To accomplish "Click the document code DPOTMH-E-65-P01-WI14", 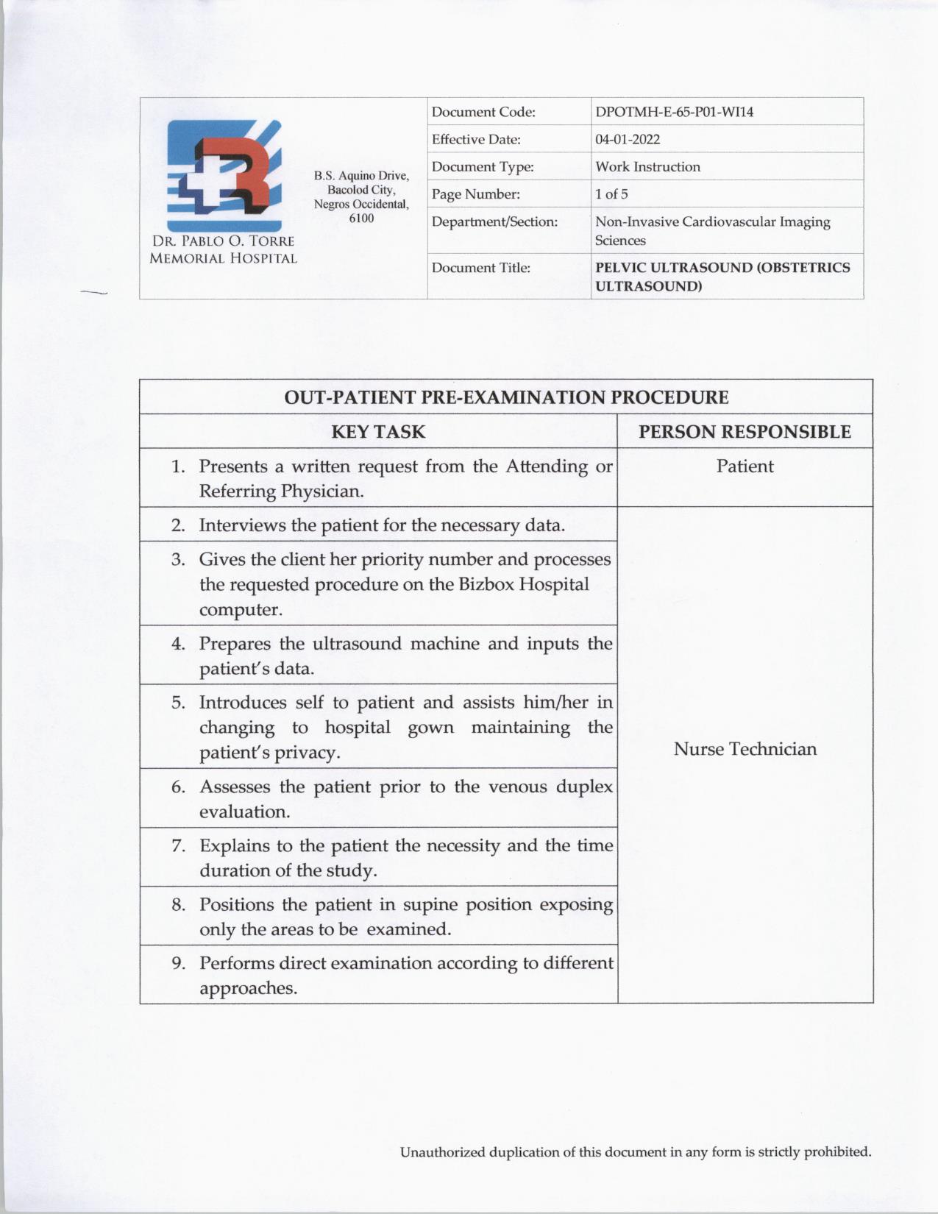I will click(674, 113).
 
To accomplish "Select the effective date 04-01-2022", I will click(628, 140).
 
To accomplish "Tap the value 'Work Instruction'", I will click(647, 167).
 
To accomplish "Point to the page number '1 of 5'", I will click(611, 194).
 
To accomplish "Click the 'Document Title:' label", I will click(480, 268).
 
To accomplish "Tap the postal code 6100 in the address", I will click(361, 219).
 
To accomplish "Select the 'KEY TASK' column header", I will click(378, 432).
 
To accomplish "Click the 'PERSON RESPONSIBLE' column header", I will click(745, 432).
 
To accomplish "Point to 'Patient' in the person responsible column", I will click(745, 466).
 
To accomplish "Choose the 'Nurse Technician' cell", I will click(745, 749).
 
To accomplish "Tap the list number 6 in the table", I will click(178, 787).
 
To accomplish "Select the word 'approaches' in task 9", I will click(246, 988).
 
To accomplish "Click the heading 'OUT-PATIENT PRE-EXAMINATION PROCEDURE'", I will click(506, 397).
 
